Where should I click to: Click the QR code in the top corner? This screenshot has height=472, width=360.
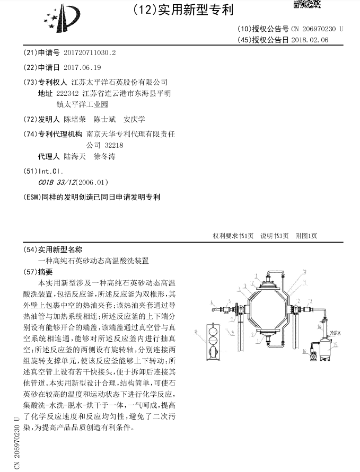(x=308, y=5)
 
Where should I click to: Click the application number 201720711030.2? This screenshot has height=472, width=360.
(x=89, y=53)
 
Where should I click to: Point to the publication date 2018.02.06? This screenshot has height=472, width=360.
(x=310, y=40)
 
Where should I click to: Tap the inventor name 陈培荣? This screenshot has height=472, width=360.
(x=74, y=119)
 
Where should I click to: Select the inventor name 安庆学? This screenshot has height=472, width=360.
(x=134, y=119)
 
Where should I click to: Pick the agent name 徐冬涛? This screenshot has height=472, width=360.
(x=104, y=157)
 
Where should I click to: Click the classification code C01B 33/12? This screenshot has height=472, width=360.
(x=57, y=183)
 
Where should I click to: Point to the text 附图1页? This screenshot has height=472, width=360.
(x=305, y=236)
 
